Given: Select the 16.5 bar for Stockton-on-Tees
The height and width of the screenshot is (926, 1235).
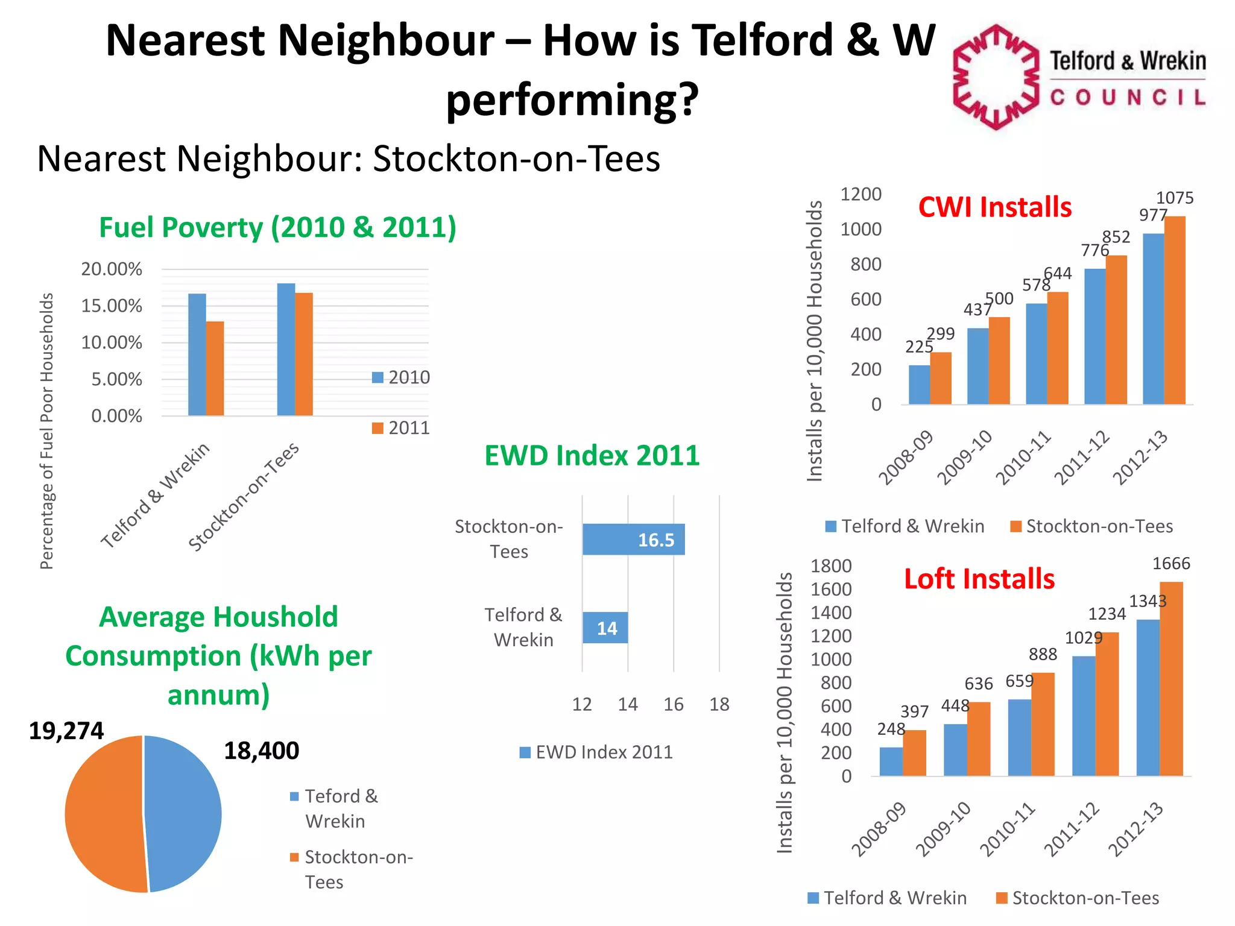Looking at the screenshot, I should pyautogui.click(x=633, y=539).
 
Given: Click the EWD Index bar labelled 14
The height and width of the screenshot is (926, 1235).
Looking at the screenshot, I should pyautogui.click(x=605, y=628).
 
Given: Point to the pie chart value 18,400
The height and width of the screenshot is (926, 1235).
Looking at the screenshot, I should pyautogui.click(x=261, y=751).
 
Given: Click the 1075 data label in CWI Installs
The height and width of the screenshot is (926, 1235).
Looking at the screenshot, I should pyautogui.click(x=1174, y=198).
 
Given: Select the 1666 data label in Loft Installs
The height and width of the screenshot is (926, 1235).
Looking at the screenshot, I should pyautogui.click(x=1171, y=564).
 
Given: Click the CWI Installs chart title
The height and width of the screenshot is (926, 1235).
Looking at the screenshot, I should pyautogui.click(x=995, y=207).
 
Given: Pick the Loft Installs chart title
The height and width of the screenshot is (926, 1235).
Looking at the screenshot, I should pyautogui.click(x=979, y=579).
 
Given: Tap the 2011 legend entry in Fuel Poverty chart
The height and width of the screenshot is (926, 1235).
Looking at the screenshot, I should pyautogui.click(x=402, y=428).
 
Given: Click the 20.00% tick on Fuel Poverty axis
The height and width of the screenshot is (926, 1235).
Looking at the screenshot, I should pyautogui.click(x=112, y=269).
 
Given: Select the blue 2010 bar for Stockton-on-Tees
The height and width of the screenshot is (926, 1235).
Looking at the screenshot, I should pyautogui.click(x=286, y=350).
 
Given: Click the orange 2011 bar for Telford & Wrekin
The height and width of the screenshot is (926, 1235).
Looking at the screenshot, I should pyautogui.click(x=215, y=368).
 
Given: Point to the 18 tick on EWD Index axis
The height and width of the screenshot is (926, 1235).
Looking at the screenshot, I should pyautogui.click(x=719, y=704).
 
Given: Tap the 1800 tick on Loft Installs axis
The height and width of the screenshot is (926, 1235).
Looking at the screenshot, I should pyautogui.click(x=831, y=566).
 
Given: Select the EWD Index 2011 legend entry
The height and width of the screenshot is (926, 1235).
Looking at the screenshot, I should pyautogui.click(x=596, y=752).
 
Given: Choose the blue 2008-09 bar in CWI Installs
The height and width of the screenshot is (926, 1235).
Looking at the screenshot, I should pyautogui.click(x=919, y=385).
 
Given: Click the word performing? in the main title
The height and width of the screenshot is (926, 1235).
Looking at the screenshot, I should pyautogui.click(x=572, y=99).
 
